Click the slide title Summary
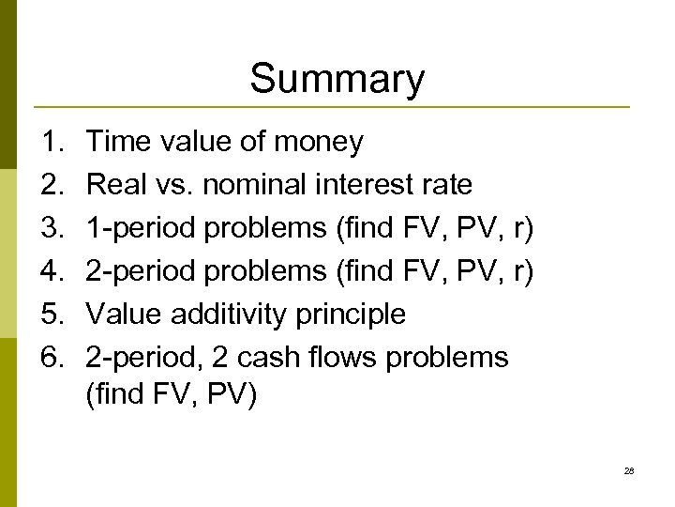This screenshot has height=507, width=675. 337,79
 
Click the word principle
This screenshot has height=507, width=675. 351,315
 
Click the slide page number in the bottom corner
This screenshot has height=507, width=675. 629,470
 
